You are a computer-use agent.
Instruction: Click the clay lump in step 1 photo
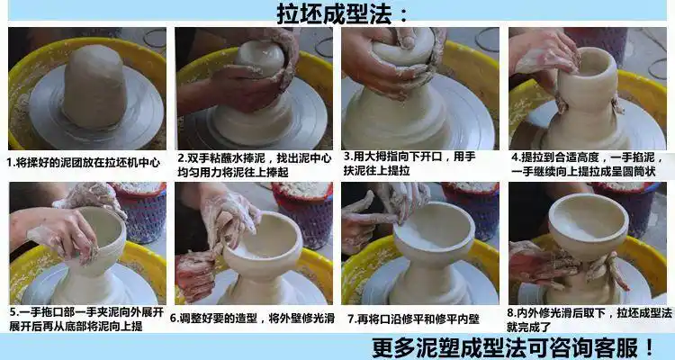93,85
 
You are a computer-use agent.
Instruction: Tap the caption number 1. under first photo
11,163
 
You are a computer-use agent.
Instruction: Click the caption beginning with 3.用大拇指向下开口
414,163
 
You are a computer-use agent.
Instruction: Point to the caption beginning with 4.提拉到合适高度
585,163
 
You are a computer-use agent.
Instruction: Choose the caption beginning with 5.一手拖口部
85,318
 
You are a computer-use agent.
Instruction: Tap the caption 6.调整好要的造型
252,318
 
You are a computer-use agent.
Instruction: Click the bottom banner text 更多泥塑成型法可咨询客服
504,346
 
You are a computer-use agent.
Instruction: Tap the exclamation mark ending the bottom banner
649,346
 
